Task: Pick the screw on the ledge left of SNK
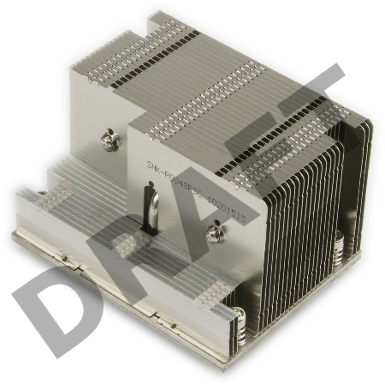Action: (109, 136)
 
